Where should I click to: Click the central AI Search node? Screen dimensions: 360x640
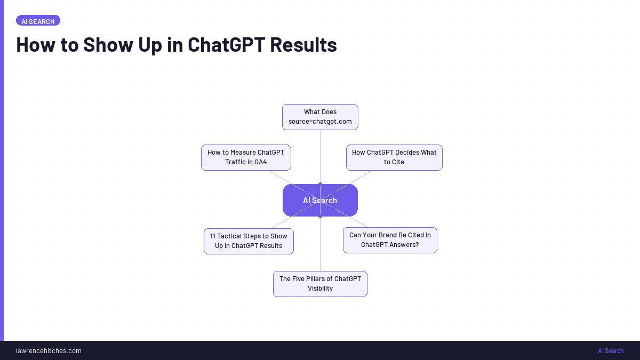click(x=320, y=201)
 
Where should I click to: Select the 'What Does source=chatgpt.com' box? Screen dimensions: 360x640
click(x=320, y=117)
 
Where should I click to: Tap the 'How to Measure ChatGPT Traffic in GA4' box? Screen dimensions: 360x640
click(x=246, y=157)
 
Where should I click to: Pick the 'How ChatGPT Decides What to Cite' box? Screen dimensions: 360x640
click(x=394, y=157)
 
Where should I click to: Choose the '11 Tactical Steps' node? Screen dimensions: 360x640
click(x=249, y=241)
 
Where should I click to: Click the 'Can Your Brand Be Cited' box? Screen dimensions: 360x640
click(x=390, y=240)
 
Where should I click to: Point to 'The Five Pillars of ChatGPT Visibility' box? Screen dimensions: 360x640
click(x=320, y=284)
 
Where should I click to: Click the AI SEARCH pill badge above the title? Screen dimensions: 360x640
click(x=38, y=21)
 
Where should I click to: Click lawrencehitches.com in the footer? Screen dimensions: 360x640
click(x=49, y=351)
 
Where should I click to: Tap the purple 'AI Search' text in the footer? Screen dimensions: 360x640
click(x=610, y=351)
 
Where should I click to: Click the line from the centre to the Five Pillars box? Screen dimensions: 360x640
click(x=320, y=245)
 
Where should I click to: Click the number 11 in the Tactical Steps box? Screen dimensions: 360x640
click(x=213, y=236)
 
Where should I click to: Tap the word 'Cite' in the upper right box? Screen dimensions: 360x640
click(x=398, y=162)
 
